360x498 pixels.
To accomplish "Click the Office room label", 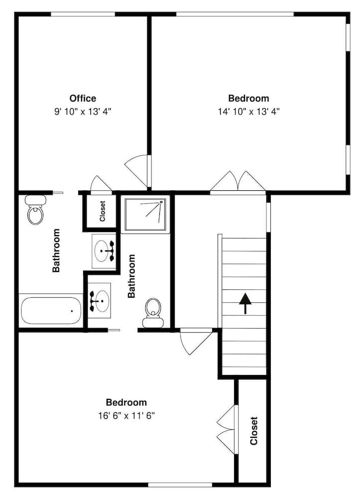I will pyautogui.click(x=83, y=98).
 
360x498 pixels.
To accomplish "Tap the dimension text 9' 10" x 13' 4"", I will pyautogui.click(x=83, y=112).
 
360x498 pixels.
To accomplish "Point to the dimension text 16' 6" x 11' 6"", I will pyautogui.click(x=126, y=415).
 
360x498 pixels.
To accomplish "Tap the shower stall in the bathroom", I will pyautogui.click(x=146, y=214).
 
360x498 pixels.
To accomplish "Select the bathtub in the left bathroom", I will pyautogui.click(x=50, y=311).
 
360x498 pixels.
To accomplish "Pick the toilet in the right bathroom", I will pyautogui.click(x=153, y=313).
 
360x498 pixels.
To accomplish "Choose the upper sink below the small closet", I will pyautogui.click(x=104, y=250).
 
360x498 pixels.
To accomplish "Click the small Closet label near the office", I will pyautogui.click(x=103, y=211).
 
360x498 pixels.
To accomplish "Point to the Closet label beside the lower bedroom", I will pyautogui.click(x=253, y=430).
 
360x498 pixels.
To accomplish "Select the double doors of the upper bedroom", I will pyautogui.click(x=238, y=181).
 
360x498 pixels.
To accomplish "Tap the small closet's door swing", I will pyautogui.click(x=101, y=183).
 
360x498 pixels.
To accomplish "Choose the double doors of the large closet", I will pyautogui.click(x=227, y=429).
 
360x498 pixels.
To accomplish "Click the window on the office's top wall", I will pyautogui.click(x=83, y=14).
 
